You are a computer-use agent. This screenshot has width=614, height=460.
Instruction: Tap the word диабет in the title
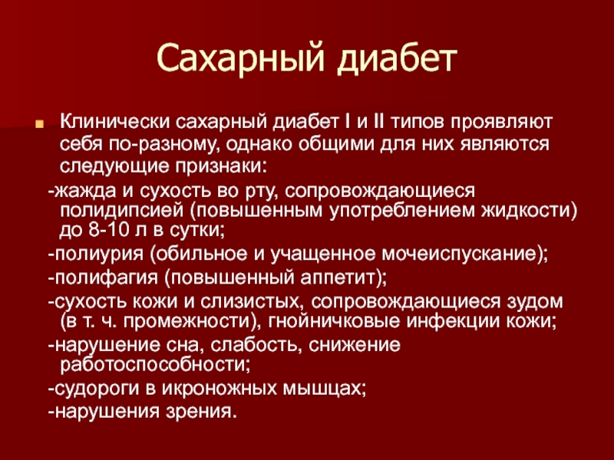click(x=397, y=59)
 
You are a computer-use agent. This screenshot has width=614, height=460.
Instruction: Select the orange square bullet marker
click(x=39, y=124)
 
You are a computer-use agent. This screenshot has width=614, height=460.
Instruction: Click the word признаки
click(x=221, y=166)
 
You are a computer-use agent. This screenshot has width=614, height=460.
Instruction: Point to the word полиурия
click(x=99, y=255)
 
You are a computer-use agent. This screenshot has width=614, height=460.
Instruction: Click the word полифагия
click(x=106, y=278)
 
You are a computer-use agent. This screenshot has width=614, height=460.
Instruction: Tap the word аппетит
click(x=337, y=278)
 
